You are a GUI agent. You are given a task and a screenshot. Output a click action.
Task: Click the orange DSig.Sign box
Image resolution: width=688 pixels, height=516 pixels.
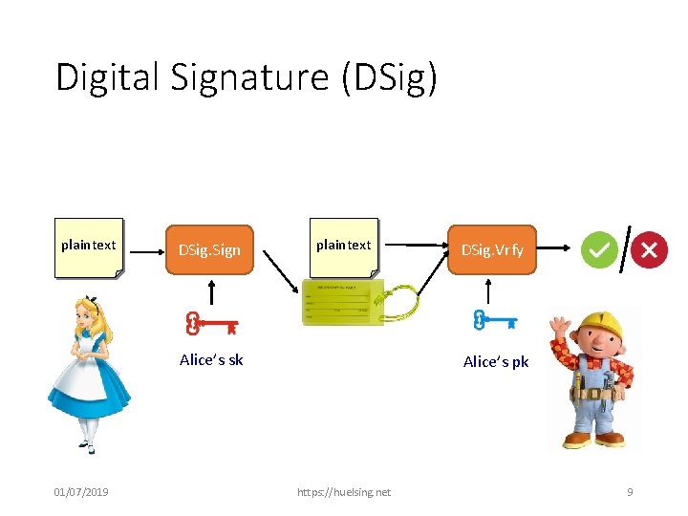[x=210, y=250]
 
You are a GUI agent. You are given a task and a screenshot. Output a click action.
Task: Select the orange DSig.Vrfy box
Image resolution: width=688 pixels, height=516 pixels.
[x=492, y=250]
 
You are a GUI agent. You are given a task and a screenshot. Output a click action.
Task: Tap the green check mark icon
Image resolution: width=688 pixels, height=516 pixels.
[x=599, y=250]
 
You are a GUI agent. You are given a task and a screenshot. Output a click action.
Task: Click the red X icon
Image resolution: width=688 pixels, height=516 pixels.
[x=649, y=250]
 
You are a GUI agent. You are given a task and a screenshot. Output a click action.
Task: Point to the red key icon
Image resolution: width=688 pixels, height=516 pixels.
[x=211, y=325]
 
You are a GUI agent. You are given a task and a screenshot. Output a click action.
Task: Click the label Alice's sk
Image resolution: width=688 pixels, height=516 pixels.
[x=211, y=360]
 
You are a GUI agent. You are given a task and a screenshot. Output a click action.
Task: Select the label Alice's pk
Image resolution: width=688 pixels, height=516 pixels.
[x=496, y=361]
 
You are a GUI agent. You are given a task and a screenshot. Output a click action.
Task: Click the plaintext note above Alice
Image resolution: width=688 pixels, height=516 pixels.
[x=89, y=247]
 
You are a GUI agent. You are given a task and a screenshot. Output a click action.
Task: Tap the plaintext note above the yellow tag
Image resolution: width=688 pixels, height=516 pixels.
[x=343, y=247]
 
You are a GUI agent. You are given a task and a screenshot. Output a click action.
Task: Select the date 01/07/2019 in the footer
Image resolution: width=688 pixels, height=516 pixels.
[x=81, y=492]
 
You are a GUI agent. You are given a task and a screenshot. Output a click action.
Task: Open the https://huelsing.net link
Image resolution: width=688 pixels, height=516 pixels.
[x=344, y=492]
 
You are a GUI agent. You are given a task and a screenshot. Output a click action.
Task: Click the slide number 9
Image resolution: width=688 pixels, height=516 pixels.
[x=630, y=492]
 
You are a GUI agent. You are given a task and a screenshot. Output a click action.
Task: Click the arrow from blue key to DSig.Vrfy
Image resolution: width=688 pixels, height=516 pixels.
[x=490, y=292]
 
